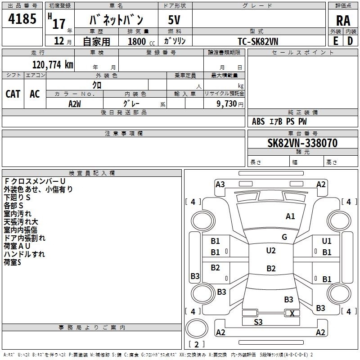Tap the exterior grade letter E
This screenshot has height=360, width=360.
coord(335,40)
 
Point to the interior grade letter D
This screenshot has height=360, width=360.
coord(350,40)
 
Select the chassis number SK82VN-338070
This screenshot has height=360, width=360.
coord(296,143)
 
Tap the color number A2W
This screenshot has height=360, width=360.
coord(75,103)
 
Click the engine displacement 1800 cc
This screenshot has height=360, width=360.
coord(139,41)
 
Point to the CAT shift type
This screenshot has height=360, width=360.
coord(13,94)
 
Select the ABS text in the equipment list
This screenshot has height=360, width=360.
coord(258,121)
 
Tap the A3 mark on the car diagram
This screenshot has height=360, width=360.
coord(220,184)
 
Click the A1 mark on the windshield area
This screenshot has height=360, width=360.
coord(290,216)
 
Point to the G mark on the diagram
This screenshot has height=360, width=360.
coord(284,237)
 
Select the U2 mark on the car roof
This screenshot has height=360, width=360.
coord(270,251)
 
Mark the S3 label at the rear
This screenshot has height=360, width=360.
coord(258,322)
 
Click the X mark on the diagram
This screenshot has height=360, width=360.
coord(292,313)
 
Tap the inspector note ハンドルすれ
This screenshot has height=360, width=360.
coord(24,254)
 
